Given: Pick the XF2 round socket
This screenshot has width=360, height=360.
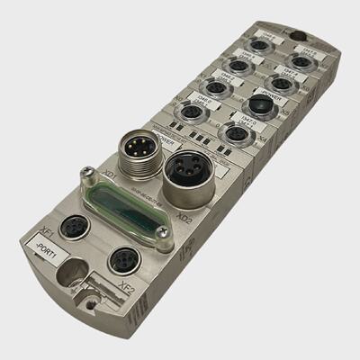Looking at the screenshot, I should [121, 261].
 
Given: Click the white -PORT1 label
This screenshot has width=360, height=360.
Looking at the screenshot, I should [44, 248].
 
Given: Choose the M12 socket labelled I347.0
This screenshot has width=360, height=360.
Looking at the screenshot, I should [236, 133].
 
